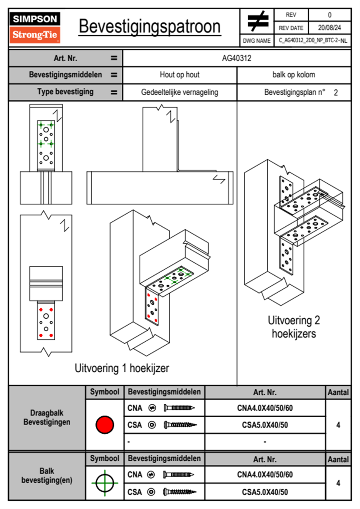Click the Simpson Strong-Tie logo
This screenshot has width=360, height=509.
pos(35,27)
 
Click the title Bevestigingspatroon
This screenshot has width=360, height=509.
pos(149,27)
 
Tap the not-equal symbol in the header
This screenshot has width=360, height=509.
pos(258,21)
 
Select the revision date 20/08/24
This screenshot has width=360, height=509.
pos(329,28)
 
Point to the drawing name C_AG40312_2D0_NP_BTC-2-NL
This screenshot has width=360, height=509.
pos(313,41)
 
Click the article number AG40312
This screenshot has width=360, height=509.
pos(237,58)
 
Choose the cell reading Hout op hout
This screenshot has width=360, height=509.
pos(179,75)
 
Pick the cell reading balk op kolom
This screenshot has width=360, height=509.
pos(293,75)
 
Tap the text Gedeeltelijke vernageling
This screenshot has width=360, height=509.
pos(179,92)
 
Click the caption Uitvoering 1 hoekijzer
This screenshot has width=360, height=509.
pos(122,368)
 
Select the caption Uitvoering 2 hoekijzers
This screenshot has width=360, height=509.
pos(294,327)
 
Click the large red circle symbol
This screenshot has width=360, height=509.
pos(105,425)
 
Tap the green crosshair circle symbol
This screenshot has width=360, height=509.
pos(105,483)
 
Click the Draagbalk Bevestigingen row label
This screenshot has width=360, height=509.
pos(47,417)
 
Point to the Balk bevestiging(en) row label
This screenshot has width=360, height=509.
pos(47,475)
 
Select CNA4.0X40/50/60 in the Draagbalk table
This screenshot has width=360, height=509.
pos(265,408)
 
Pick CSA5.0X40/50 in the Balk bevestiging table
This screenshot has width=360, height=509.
pos(265,492)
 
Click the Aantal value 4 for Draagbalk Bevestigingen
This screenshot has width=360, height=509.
pos(338,425)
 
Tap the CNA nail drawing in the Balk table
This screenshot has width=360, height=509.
pos(178,475)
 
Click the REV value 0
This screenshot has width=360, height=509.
pos(329,15)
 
